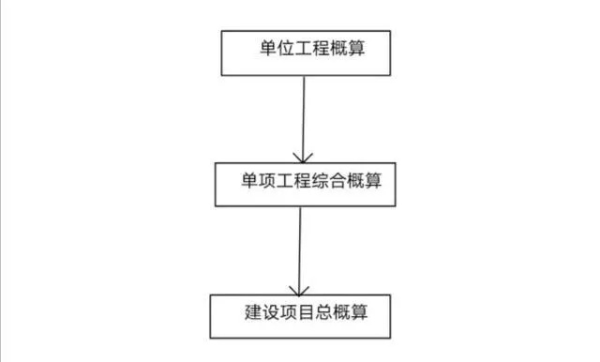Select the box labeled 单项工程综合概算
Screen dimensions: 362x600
click(300, 184)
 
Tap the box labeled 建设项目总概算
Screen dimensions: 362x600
click(298, 315)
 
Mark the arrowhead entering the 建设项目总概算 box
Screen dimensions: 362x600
click(298, 289)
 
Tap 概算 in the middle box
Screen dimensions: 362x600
click(373, 177)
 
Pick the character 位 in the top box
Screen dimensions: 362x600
click(280, 48)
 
